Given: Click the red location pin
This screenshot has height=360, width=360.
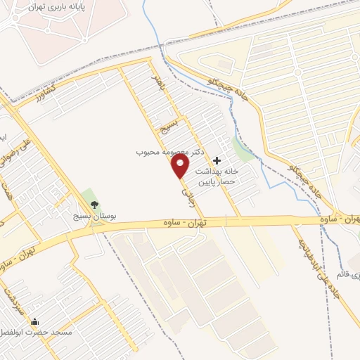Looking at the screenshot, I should coord(181,166).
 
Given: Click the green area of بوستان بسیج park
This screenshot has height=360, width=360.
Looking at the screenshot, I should coord(87,197).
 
